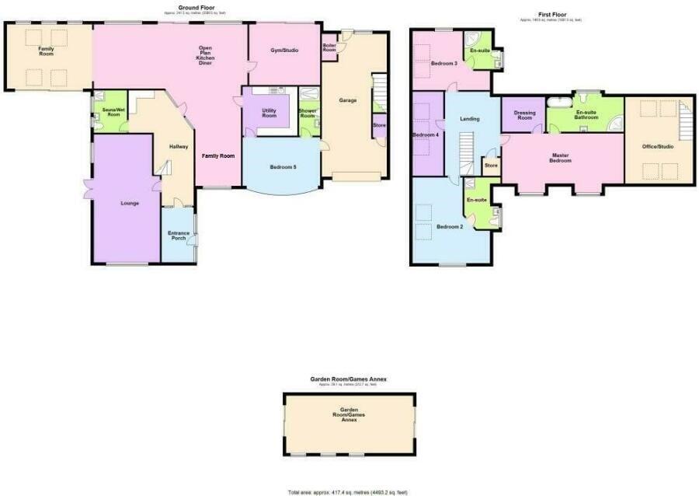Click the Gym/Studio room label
pyautogui.click(x=284, y=51)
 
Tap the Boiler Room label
pyautogui.click(x=329, y=47)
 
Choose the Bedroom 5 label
pyautogui.click(x=283, y=167)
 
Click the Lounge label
pyautogui.click(x=129, y=204)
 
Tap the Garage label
pyautogui.click(x=347, y=100)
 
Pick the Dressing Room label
pyautogui.click(x=524, y=115)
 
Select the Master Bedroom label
pyautogui.click(x=560, y=158)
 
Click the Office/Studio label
pyautogui.click(x=658, y=146)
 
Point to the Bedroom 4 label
pyautogui.click(x=426, y=135)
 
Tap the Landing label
pyautogui.click(x=470, y=119)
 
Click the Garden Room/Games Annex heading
pyautogui.click(x=348, y=379)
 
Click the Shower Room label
pyautogui.click(x=308, y=114)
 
